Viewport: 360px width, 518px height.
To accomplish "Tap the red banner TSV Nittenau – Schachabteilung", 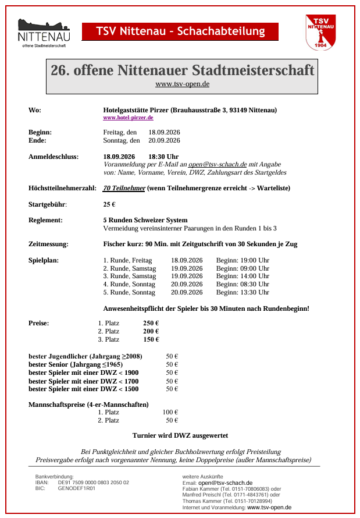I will [180, 31].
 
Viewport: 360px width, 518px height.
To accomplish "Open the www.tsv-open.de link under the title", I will [182, 84].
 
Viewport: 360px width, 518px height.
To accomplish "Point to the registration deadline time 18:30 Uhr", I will [163, 157].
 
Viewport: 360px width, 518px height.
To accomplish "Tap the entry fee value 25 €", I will [109, 204].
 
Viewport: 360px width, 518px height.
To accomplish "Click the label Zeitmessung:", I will [48, 244].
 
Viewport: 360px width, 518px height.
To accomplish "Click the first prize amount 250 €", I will [151, 323].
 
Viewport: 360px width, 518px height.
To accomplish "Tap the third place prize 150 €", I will [151, 339].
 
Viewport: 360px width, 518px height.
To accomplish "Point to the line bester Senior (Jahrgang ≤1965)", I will [76, 364].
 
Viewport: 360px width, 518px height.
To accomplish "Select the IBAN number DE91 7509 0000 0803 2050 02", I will [93, 482].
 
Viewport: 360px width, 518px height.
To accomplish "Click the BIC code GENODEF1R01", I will [77, 488].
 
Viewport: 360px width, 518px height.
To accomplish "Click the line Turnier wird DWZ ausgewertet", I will [180, 435].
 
